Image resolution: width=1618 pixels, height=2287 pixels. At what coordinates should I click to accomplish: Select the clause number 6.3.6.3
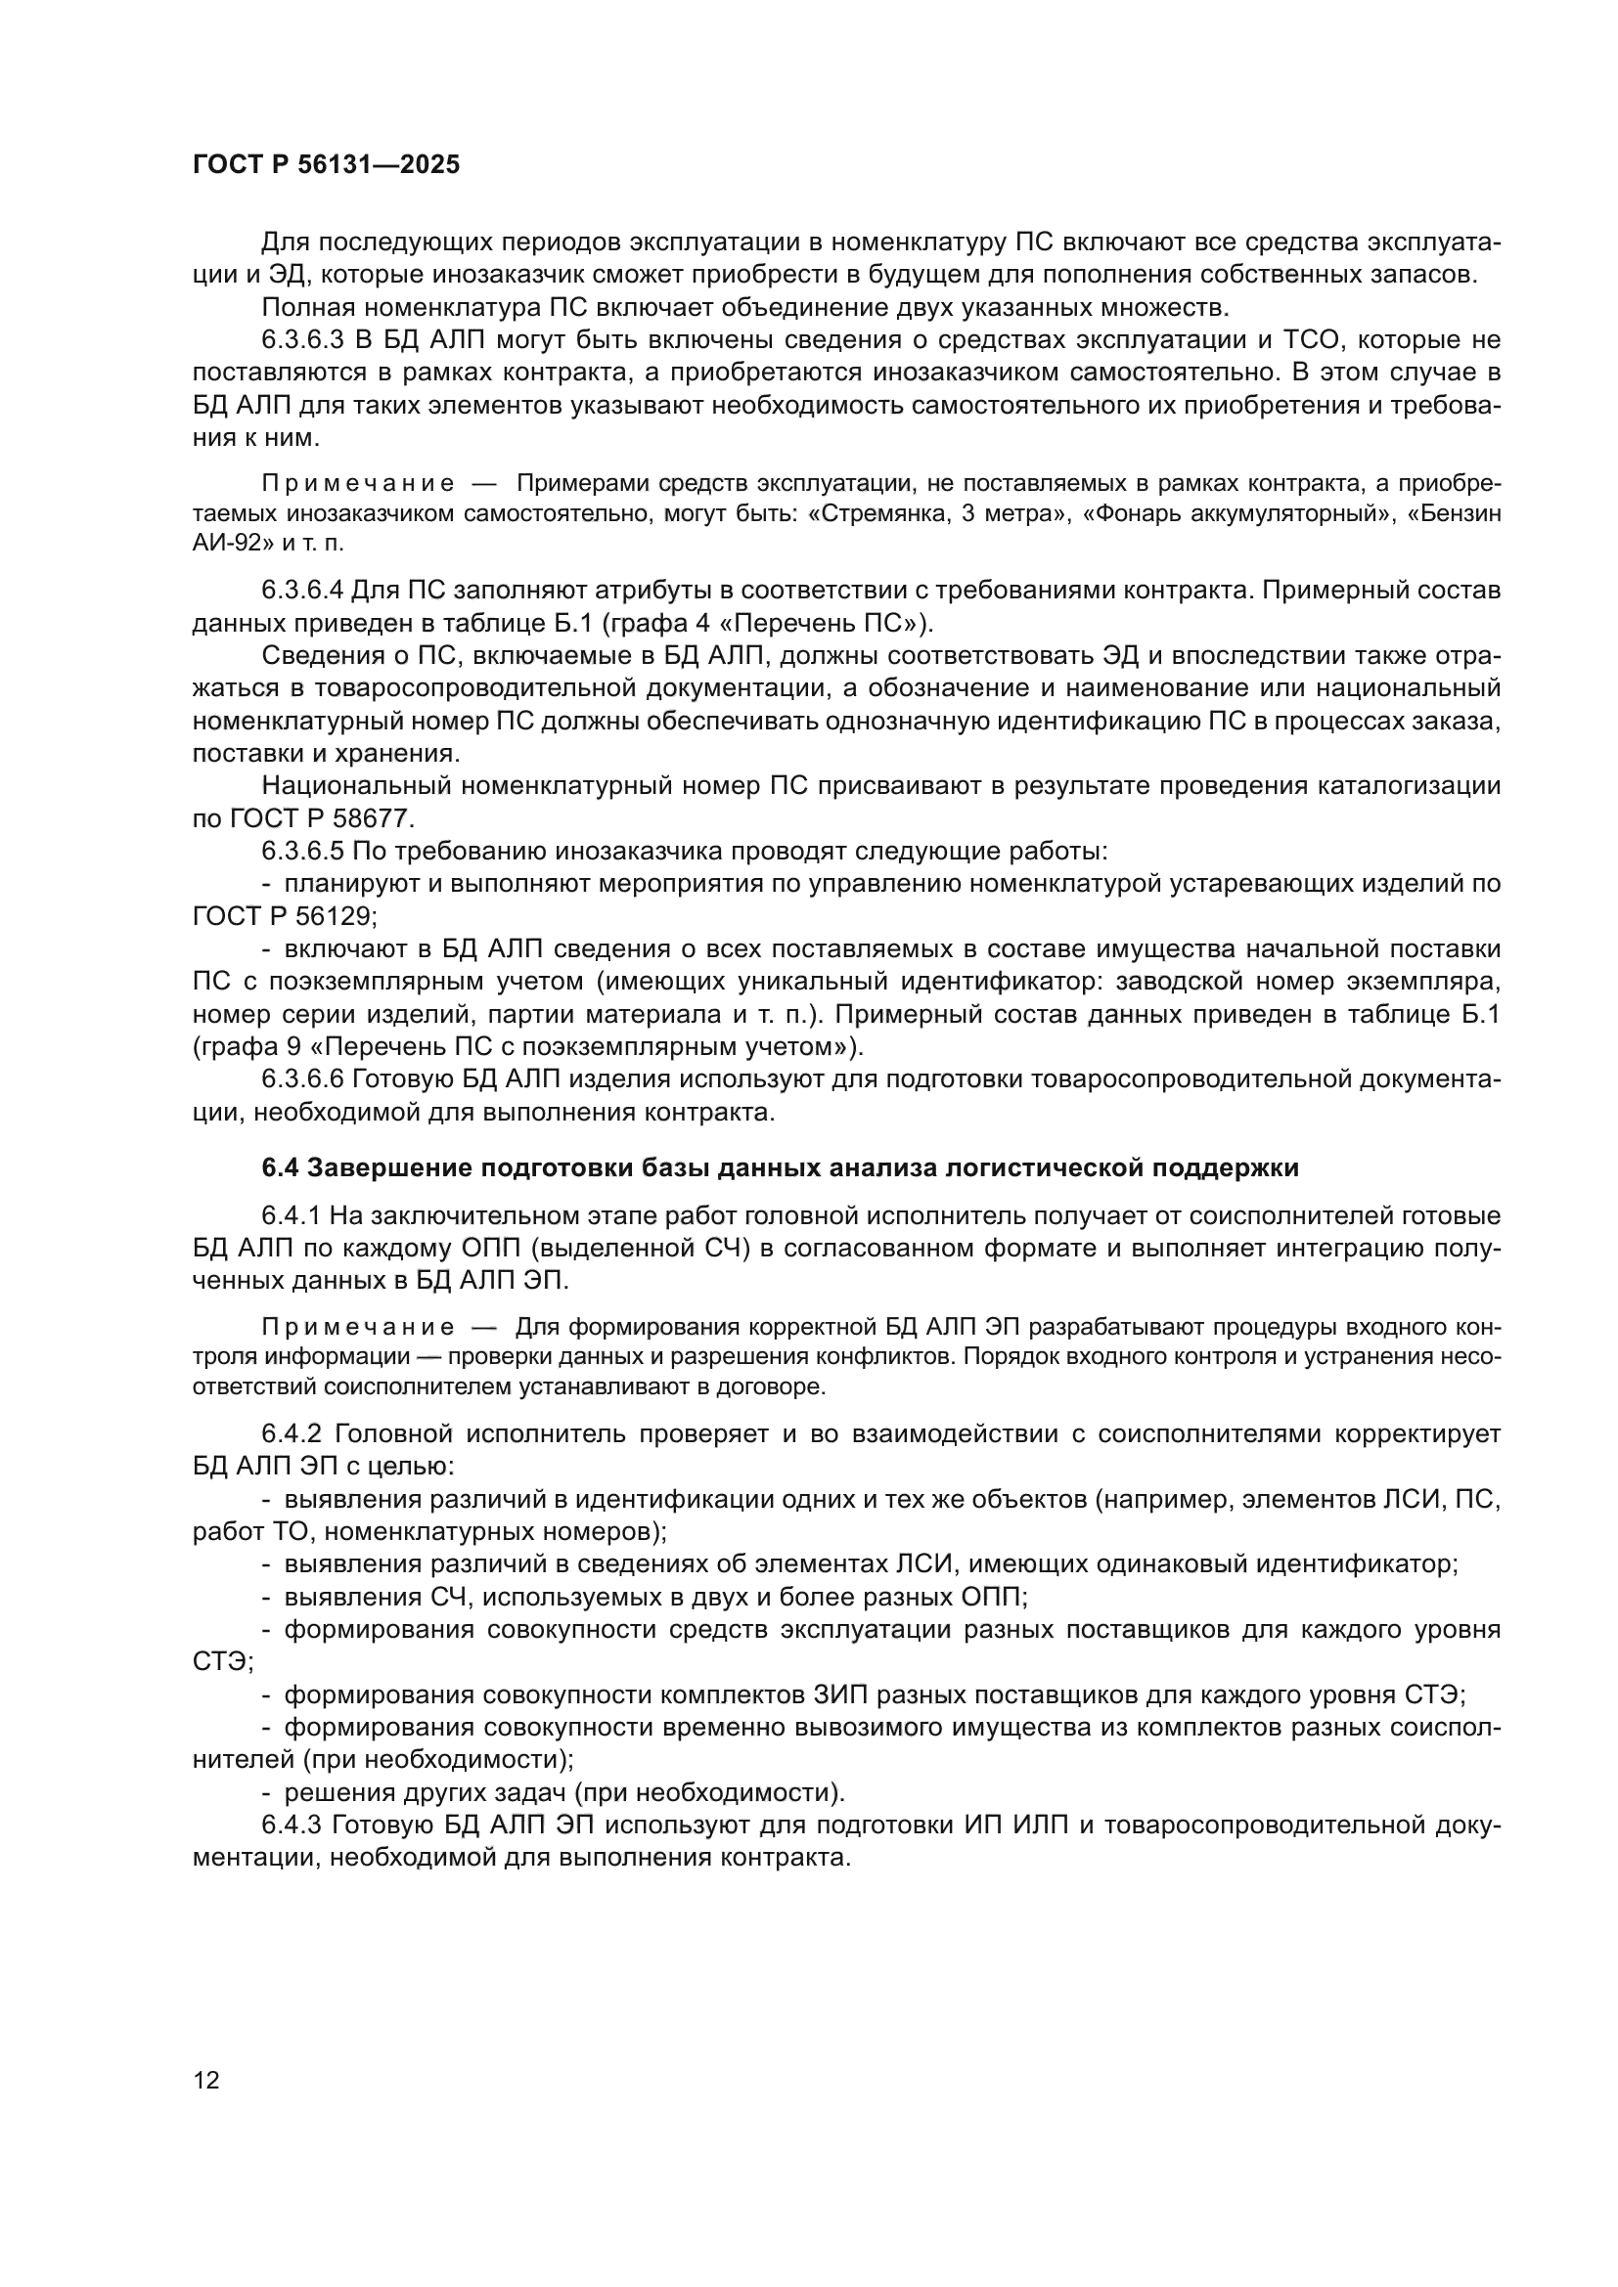(303, 339)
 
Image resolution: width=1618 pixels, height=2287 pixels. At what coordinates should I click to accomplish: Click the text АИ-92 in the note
(225, 544)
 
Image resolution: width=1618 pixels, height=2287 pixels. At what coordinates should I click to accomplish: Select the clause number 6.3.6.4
(303, 590)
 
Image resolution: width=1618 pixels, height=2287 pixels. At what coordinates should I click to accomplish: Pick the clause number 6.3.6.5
(303, 852)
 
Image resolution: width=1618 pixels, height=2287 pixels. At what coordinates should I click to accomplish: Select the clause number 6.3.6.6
(303, 1079)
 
